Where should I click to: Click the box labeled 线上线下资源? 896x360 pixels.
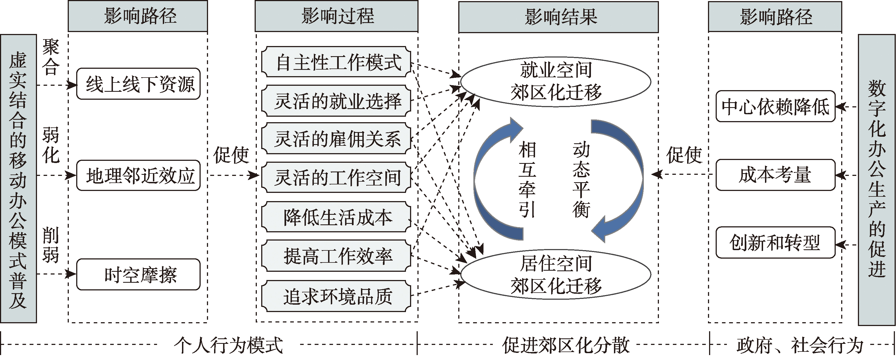point(138,84)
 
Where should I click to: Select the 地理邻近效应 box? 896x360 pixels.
point(138,175)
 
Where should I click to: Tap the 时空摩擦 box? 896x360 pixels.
point(138,275)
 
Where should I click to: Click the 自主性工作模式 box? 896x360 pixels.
point(336,62)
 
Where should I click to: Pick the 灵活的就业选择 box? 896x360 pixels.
point(336,101)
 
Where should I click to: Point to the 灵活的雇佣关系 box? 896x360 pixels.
point(336,138)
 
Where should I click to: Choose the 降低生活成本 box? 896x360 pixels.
point(336,217)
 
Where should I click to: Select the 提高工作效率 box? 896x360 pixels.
point(336,256)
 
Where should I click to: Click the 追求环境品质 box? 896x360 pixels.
point(336,296)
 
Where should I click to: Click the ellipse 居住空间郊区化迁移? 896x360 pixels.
point(556,275)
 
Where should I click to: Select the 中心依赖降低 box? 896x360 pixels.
point(775,106)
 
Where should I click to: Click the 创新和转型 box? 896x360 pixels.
point(775,242)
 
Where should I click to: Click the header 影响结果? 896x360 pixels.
point(558,17)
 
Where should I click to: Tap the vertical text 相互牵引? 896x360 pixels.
point(527,180)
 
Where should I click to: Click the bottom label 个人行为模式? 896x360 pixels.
point(228,345)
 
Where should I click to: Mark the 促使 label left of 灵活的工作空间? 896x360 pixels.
point(231,155)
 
